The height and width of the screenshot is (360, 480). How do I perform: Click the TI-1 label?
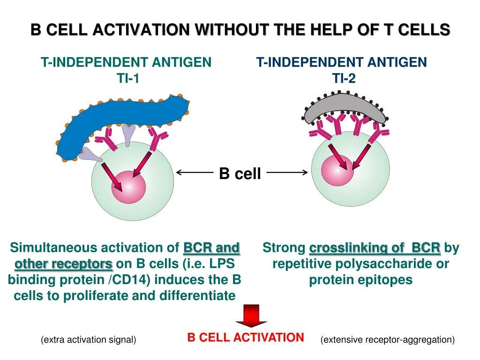click(128, 78)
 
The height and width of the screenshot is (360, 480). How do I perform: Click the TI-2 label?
click(345, 78)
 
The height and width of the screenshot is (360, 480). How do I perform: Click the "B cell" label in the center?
click(240, 174)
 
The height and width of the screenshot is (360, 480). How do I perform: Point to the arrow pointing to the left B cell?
click(195, 172)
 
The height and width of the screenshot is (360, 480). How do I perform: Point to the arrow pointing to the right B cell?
click(287, 172)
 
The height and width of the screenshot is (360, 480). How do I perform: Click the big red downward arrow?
click(251, 315)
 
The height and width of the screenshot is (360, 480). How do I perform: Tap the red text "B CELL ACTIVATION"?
click(246, 337)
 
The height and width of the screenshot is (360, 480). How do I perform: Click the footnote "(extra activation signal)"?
click(89, 340)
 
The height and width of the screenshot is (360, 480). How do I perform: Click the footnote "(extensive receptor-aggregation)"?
click(388, 340)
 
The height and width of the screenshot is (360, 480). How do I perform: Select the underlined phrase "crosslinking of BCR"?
click(375, 248)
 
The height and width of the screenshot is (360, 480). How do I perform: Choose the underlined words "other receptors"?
click(64, 264)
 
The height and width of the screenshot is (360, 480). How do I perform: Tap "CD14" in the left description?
click(134, 280)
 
